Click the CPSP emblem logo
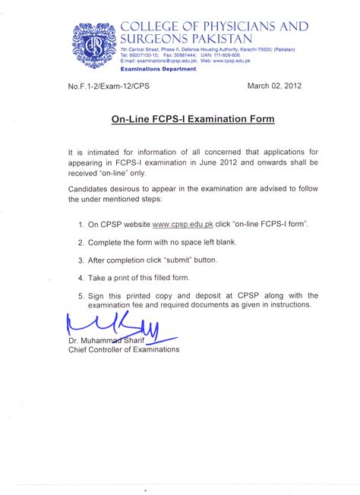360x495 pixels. [x=95, y=46]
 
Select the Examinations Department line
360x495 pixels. [x=158, y=69]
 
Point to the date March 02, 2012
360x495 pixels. [x=274, y=86]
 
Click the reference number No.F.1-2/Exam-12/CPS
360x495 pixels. [x=109, y=87]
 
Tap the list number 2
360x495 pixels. [x=81, y=242]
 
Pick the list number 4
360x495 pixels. [x=81, y=278]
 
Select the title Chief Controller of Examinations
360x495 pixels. [x=124, y=350]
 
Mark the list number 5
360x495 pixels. [x=81, y=295]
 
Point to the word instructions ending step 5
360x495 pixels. [x=289, y=304]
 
